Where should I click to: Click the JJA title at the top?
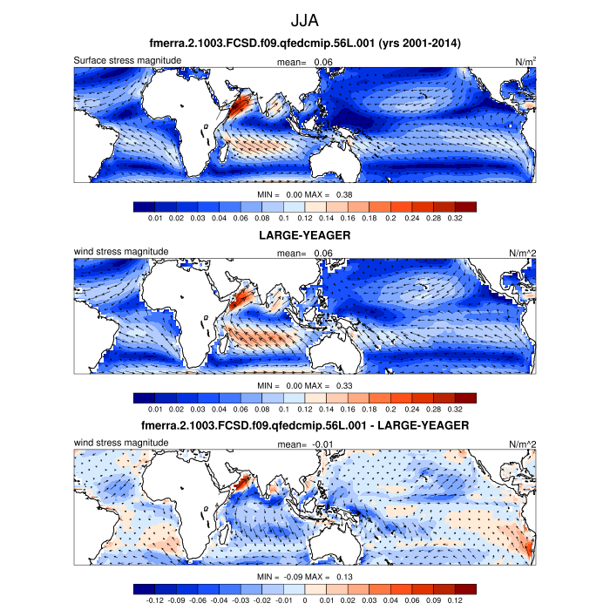click(x=305, y=18)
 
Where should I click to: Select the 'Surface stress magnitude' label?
click(x=127, y=60)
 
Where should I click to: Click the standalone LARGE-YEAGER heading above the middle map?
click(x=305, y=235)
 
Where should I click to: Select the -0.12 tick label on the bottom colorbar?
click(x=156, y=600)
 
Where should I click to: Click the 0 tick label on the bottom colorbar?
click(x=305, y=600)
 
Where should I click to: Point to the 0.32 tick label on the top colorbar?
click(x=454, y=218)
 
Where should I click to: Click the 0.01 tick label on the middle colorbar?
click(x=156, y=409)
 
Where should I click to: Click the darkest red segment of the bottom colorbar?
click(x=465, y=588)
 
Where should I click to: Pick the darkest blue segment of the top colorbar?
click(x=145, y=207)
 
